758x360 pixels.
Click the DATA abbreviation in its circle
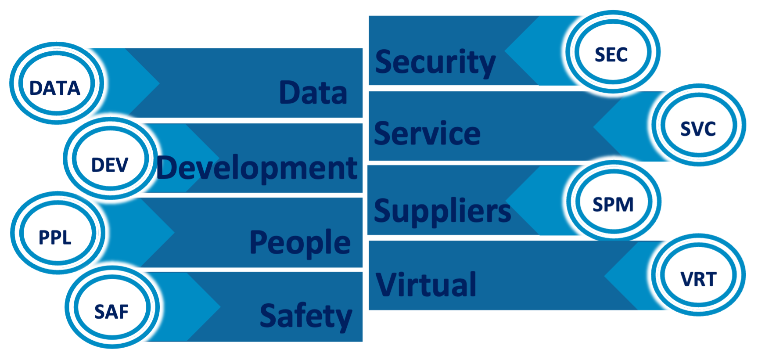[x=55, y=88]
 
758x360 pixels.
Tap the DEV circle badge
[x=110, y=165]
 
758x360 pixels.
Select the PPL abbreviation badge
[x=55, y=237]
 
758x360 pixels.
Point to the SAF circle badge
[x=111, y=312]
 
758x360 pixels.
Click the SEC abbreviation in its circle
[x=611, y=54]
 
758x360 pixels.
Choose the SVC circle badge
[x=698, y=129]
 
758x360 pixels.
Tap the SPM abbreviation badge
[x=613, y=204]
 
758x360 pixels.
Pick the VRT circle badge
[x=698, y=279]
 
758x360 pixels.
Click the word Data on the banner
[x=313, y=93]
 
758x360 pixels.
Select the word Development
[x=257, y=169]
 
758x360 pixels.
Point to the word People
[x=300, y=242]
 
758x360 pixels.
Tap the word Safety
[x=306, y=316]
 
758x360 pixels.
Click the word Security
[x=435, y=62]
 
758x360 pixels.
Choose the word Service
[x=427, y=133]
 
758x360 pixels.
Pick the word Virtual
[x=426, y=284]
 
